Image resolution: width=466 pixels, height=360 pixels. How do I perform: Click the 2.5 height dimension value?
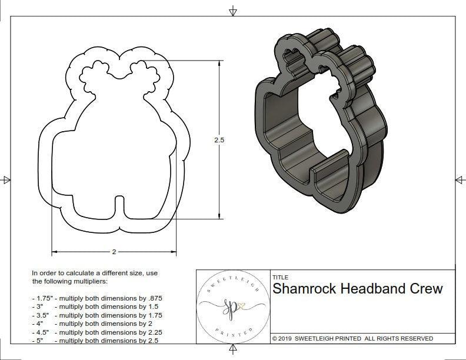click(x=219, y=141)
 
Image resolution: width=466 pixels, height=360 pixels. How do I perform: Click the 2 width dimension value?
click(x=114, y=252)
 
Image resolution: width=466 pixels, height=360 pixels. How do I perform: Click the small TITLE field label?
click(x=279, y=277)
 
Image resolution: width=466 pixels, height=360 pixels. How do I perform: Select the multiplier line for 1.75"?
click(x=97, y=298)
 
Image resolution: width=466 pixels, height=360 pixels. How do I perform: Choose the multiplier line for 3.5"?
click(x=97, y=315)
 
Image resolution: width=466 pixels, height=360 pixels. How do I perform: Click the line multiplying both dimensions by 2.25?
click(x=97, y=332)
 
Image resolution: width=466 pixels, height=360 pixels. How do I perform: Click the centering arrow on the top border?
click(x=234, y=11)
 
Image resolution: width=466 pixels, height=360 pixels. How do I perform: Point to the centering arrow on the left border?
click(x=6, y=179)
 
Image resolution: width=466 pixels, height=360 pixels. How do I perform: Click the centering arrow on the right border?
click(x=460, y=179)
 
